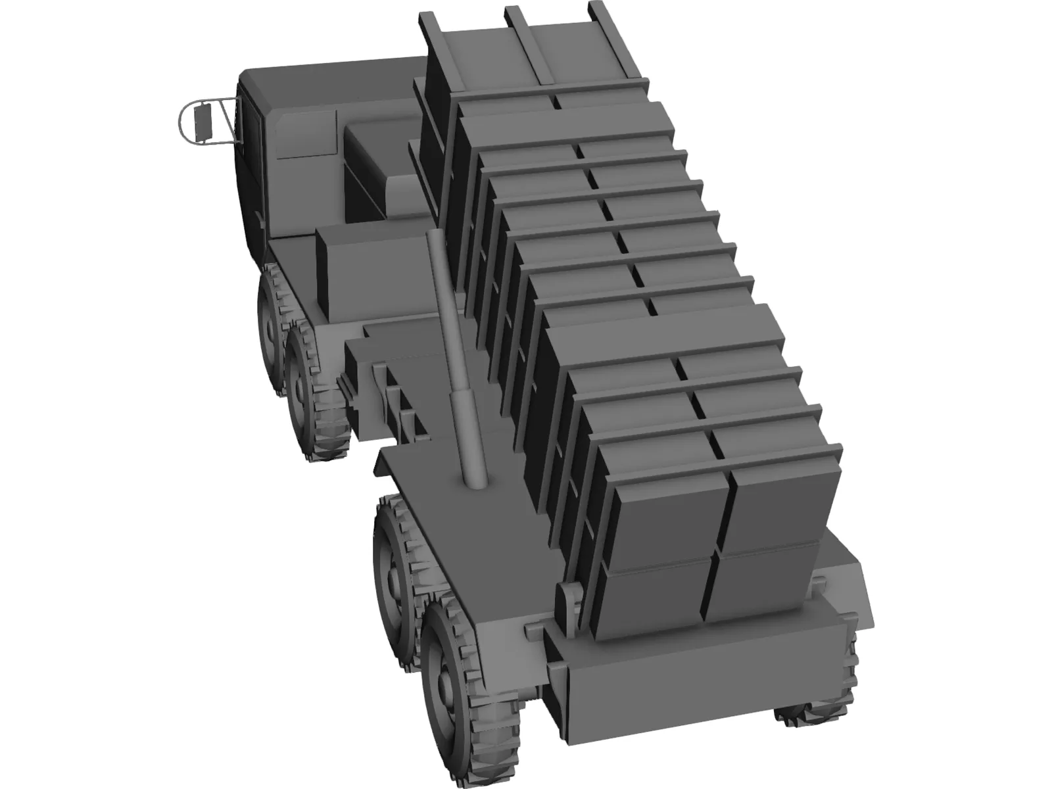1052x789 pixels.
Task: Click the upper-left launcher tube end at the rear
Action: [664, 513]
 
